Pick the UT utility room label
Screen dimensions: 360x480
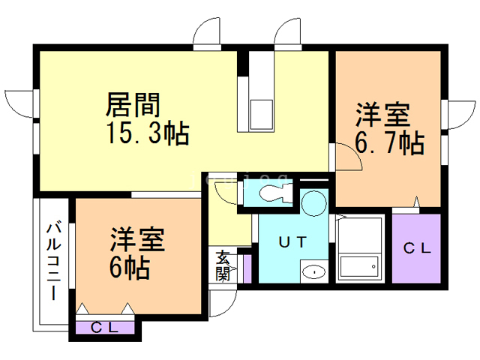coord(292,242)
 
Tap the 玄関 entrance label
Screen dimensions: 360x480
coord(223,264)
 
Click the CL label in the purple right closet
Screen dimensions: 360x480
coord(417,249)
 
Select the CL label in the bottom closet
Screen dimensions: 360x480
coord(106,327)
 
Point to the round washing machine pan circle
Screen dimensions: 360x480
coord(315,202)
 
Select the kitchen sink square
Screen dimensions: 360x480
coord(262,115)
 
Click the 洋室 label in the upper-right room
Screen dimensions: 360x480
coord(382,115)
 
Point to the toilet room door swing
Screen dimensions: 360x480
coord(224,192)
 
